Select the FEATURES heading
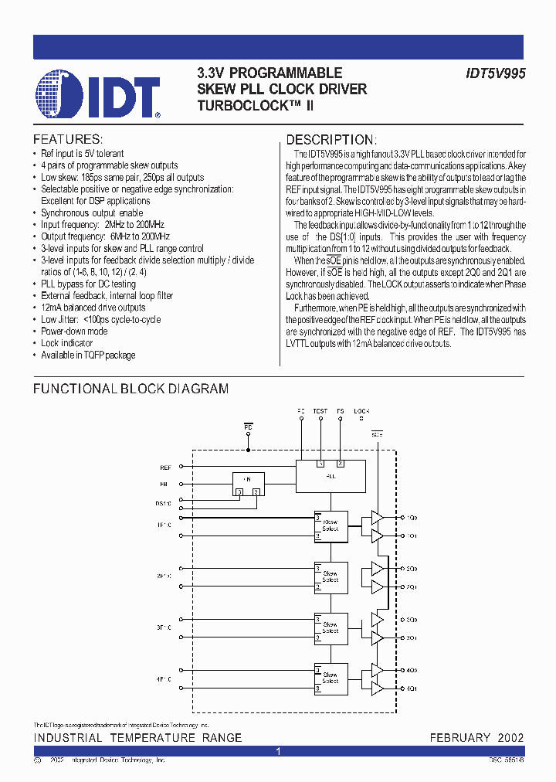(x=67, y=140)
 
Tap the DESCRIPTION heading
(x=331, y=140)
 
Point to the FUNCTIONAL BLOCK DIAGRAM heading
(x=131, y=389)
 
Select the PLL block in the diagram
(x=330, y=474)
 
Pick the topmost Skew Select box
(x=331, y=526)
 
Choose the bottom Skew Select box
(x=331, y=678)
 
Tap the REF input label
(x=165, y=467)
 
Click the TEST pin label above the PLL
(x=320, y=411)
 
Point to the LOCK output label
(x=361, y=411)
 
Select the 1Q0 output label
(x=412, y=517)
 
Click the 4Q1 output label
(x=412, y=687)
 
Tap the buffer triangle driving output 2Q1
(x=377, y=586)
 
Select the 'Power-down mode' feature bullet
(x=74, y=331)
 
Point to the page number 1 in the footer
(x=278, y=751)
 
